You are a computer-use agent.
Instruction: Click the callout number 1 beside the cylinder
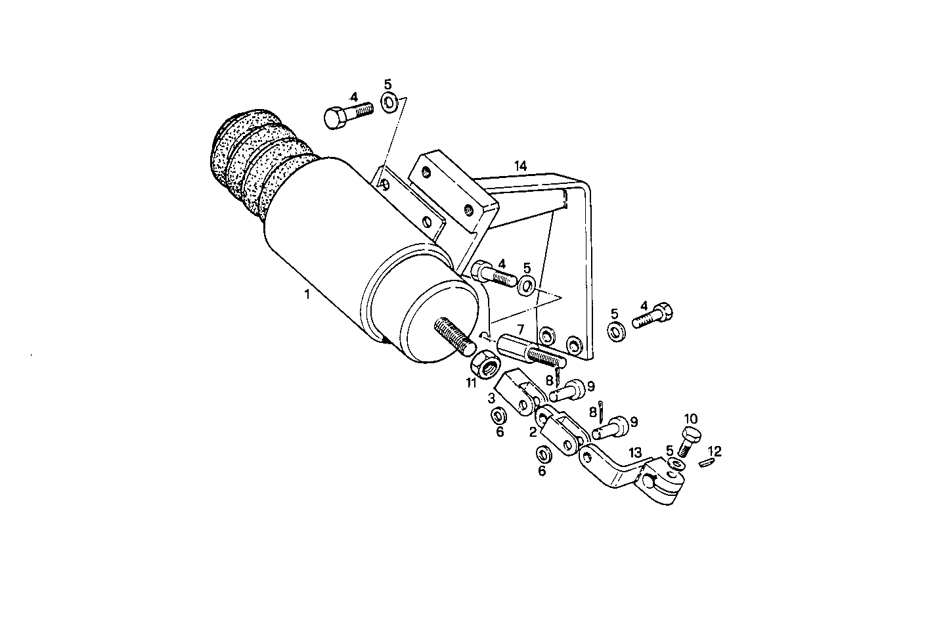[x=307, y=296]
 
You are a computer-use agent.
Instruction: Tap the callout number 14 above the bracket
[x=520, y=166]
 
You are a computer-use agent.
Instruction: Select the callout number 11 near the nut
[x=471, y=383]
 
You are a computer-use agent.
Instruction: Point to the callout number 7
[x=519, y=328]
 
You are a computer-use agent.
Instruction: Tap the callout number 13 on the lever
[x=634, y=453]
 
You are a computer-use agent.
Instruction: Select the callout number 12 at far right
[x=715, y=451]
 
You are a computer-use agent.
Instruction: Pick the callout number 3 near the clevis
[x=491, y=398]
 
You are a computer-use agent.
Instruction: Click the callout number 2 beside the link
[x=534, y=432]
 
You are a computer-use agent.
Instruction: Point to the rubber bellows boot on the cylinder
[x=253, y=164]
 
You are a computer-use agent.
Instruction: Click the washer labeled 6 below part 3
[x=498, y=416]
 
